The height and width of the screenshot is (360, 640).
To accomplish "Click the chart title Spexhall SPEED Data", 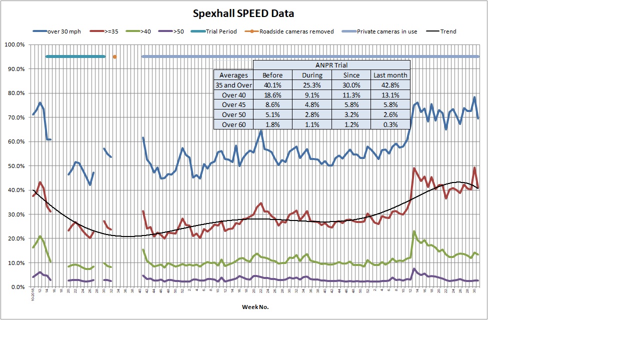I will pyautogui.click(x=244, y=13).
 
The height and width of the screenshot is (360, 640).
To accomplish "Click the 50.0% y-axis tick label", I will pyautogui.click(x=16, y=166).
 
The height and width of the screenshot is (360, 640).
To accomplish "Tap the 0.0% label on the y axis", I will pyautogui.click(x=17, y=287).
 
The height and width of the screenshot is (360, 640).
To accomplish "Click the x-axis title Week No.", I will pyautogui.click(x=255, y=307).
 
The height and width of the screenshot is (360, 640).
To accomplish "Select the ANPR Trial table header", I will pyautogui.click(x=331, y=65).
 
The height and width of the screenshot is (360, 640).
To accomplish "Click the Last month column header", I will pyautogui.click(x=390, y=75).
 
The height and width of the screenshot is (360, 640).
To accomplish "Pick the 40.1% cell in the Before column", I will pyautogui.click(x=272, y=85).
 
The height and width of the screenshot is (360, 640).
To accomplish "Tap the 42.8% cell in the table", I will pyautogui.click(x=390, y=85).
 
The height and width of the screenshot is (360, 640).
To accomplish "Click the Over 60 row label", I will pyautogui.click(x=233, y=124).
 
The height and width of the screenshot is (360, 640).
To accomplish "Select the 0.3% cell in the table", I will pyautogui.click(x=390, y=124).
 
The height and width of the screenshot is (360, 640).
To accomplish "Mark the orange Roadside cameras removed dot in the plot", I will pyautogui.click(x=114, y=57).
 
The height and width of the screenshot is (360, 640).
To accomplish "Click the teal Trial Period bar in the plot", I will pyautogui.click(x=75, y=56).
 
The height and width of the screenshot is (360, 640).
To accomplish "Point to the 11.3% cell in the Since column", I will pyautogui.click(x=351, y=95).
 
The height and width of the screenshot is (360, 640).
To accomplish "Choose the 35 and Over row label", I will pyautogui.click(x=233, y=85).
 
